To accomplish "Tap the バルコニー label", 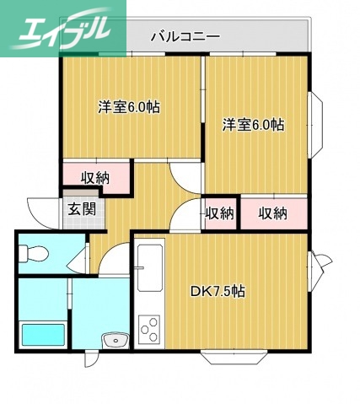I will (185, 36).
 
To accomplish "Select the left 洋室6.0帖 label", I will (129, 107).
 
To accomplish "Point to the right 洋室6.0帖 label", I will (253, 125).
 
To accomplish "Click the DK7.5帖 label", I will (218, 291).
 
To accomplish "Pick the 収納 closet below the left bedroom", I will (95, 177).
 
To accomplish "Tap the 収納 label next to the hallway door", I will (220, 213).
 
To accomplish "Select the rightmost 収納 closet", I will (272, 213).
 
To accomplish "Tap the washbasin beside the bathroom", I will (113, 339).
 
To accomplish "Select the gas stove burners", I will (151, 328).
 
